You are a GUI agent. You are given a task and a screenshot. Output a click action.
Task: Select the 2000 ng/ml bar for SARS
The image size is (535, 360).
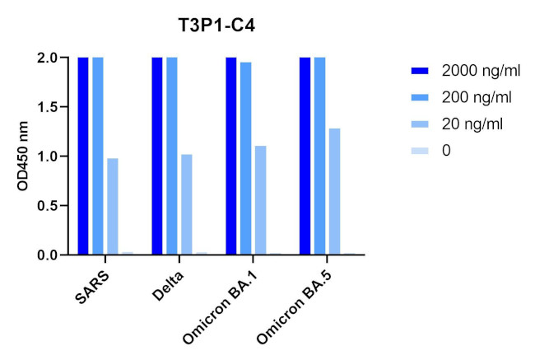coord(83,157)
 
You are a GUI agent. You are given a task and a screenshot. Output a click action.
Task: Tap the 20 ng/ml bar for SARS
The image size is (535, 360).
coord(113,206)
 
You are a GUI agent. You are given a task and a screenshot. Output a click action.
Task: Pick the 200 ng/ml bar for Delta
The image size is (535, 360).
coord(172,157)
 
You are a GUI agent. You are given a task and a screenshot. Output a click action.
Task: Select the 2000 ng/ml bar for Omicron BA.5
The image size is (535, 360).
coord(305,157)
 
